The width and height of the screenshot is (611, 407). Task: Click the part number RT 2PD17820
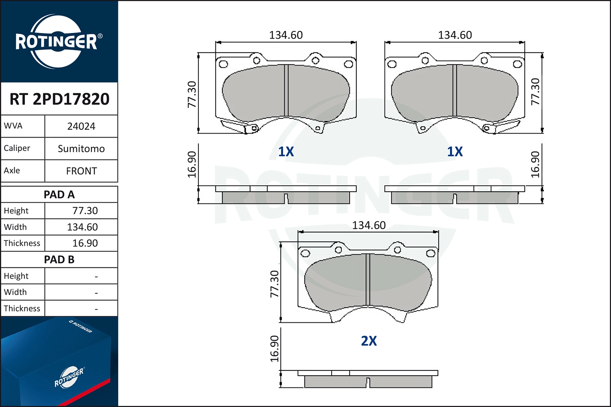59,98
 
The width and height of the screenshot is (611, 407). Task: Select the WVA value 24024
81,127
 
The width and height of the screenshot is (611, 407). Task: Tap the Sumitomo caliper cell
81,149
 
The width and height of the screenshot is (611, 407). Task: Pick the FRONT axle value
81,171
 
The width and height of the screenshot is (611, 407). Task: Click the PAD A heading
59,195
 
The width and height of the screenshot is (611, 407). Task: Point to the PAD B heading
59,260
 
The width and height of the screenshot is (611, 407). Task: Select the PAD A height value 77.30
85,211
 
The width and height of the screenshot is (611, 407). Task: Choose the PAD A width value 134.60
82,227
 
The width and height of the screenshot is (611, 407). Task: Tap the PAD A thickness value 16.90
85,243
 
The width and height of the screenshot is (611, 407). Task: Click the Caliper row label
17,148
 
